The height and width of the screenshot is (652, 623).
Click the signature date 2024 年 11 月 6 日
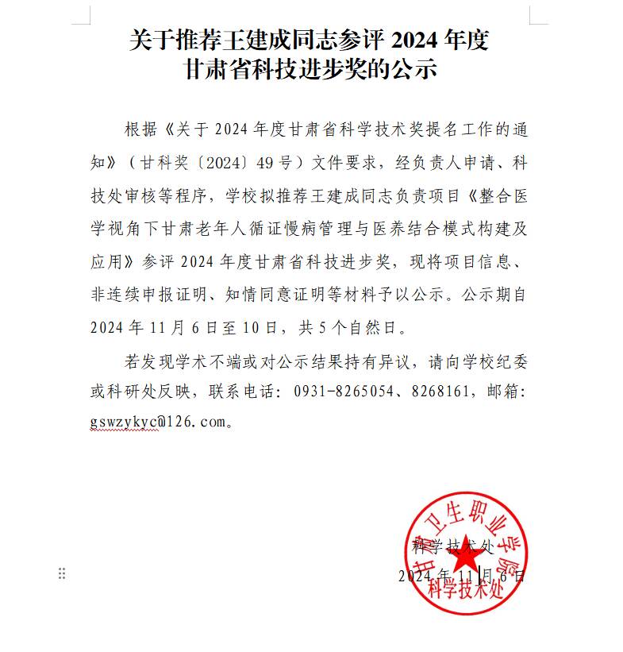[x=461, y=575]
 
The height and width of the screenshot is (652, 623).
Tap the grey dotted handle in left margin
[x=62, y=574]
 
